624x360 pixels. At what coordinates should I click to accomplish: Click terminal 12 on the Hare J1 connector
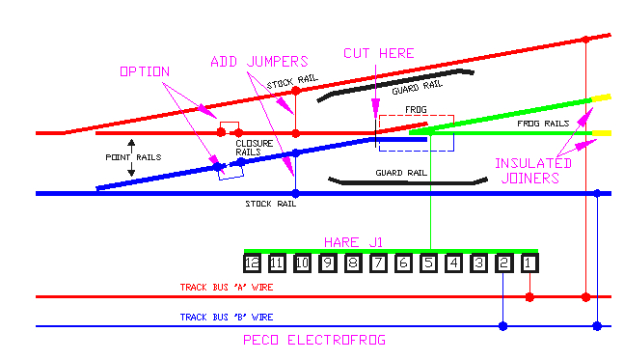point(253,263)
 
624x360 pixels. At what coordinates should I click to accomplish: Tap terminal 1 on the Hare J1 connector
point(529,263)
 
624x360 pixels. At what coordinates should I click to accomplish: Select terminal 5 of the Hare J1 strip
point(428,263)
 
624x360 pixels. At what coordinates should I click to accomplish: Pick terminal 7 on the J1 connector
point(378,263)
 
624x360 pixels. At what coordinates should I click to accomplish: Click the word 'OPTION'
point(145,72)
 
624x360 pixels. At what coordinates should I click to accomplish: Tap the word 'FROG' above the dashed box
point(416,110)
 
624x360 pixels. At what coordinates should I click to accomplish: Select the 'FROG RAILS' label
point(542,125)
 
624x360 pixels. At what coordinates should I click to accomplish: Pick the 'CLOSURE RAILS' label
point(255,148)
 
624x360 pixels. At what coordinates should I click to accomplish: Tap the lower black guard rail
point(405,181)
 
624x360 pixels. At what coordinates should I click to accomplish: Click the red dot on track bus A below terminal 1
point(529,296)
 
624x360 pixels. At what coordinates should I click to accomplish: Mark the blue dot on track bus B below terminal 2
point(502,326)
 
